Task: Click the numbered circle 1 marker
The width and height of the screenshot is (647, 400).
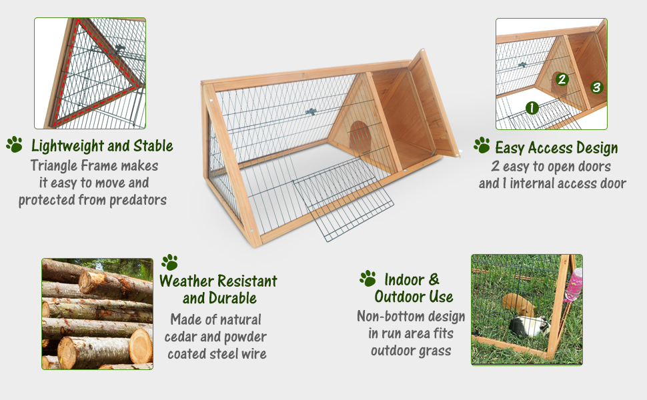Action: click(x=532, y=107)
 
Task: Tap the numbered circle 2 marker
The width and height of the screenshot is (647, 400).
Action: click(x=562, y=79)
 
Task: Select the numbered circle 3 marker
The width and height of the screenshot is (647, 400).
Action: click(x=596, y=87)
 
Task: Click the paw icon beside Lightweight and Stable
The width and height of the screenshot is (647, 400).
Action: click(x=14, y=144)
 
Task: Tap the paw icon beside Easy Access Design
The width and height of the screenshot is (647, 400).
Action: click(x=482, y=145)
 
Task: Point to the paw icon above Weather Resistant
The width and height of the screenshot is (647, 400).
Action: click(x=169, y=261)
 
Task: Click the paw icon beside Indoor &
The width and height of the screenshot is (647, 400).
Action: click(x=368, y=278)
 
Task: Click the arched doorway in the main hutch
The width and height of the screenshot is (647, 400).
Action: click(x=359, y=134)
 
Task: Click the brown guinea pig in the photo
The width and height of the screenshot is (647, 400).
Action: click(x=518, y=304)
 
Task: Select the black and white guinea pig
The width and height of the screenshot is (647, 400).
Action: click(x=529, y=327)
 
